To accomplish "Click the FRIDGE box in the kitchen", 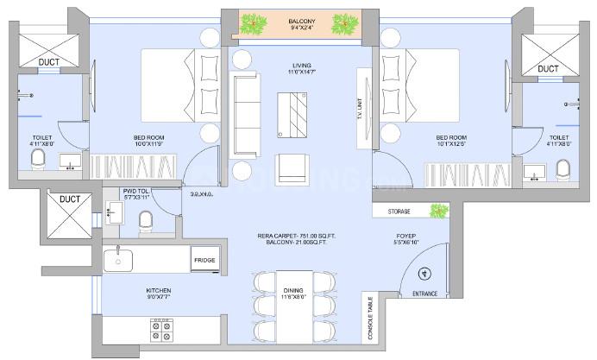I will pyautogui.click(x=204, y=259).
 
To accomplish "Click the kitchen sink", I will pyautogui.click(x=117, y=261).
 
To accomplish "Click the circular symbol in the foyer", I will pyautogui.click(x=424, y=275).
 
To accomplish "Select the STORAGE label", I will pyautogui.click(x=399, y=211).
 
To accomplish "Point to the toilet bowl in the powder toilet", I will pyautogui.click(x=145, y=219).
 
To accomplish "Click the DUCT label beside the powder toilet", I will pyautogui.click(x=69, y=199).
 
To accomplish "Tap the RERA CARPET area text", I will pyautogui.click(x=293, y=234).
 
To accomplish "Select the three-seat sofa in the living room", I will pyautogui.click(x=247, y=112).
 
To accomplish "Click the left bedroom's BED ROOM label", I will pyautogui.click(x=150, y=137).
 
